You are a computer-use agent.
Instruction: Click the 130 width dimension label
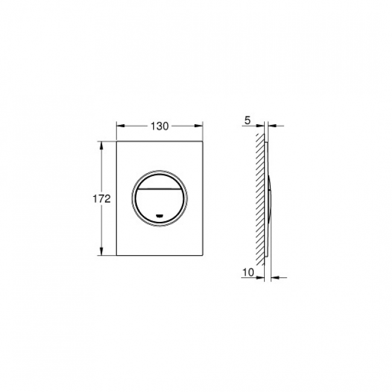pyautogui.click(x=159, y=126)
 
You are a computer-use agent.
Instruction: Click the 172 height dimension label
pyautogui.click(x=101, y=199)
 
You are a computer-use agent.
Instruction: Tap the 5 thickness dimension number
pyautogui.click(x=247, y=121)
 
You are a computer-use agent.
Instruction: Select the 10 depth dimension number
pyautogui.click(x=248, y=272)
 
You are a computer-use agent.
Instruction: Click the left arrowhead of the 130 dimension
pyautogui.click(x=120, y=126)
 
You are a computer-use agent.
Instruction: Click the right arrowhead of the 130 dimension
pyautogui.click(x=199, y=126)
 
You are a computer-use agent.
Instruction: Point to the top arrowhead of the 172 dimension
pyautogui.click(x=101, y=145)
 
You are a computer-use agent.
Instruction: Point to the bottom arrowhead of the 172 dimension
pyautogui.click(x=101, y=251)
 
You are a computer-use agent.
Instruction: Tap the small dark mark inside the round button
pyautogui.click(x=159, y=215)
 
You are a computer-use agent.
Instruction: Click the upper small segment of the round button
pyautogui.click(x=159, y=182)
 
